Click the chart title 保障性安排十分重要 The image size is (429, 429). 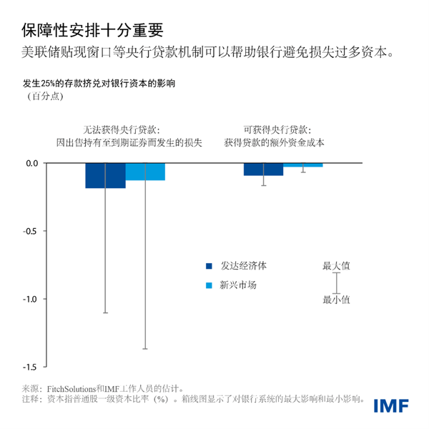(x=92, y=29)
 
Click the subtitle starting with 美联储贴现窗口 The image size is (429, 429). (x=207, y=53)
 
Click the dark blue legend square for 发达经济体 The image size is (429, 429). (x=209, y=266)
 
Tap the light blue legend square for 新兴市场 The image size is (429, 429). (x=209, y=285)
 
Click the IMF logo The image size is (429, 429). (x=390, y=405)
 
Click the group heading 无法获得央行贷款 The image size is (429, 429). (x=129, y=130)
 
